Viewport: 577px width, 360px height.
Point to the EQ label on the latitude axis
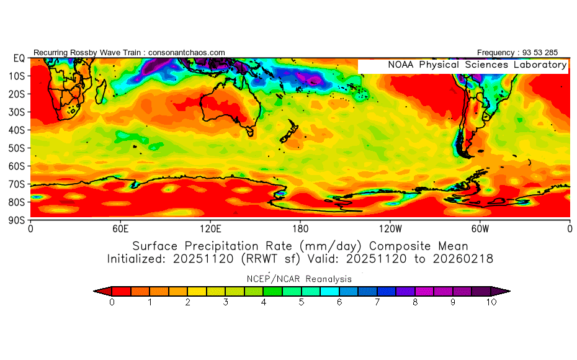click(x=19, y=58)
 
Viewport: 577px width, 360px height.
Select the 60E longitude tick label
click(x=120, y=228)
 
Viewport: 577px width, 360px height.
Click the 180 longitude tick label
click(x=300, y=228)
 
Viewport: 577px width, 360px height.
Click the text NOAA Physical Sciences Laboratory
click(x=476, y=65)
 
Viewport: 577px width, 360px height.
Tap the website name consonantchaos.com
click(x=187, y=52)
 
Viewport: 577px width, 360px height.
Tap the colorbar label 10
click(x=491, y=302)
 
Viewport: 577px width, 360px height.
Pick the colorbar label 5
click(x=302, y=302)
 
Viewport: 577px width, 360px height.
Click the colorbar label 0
click(x=112, y=302)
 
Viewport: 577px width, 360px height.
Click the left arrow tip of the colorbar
click(x=96, y=290)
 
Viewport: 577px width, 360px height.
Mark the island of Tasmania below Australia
click(x=251, y=131)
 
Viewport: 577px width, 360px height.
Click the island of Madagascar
click(x=101, y=93)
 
